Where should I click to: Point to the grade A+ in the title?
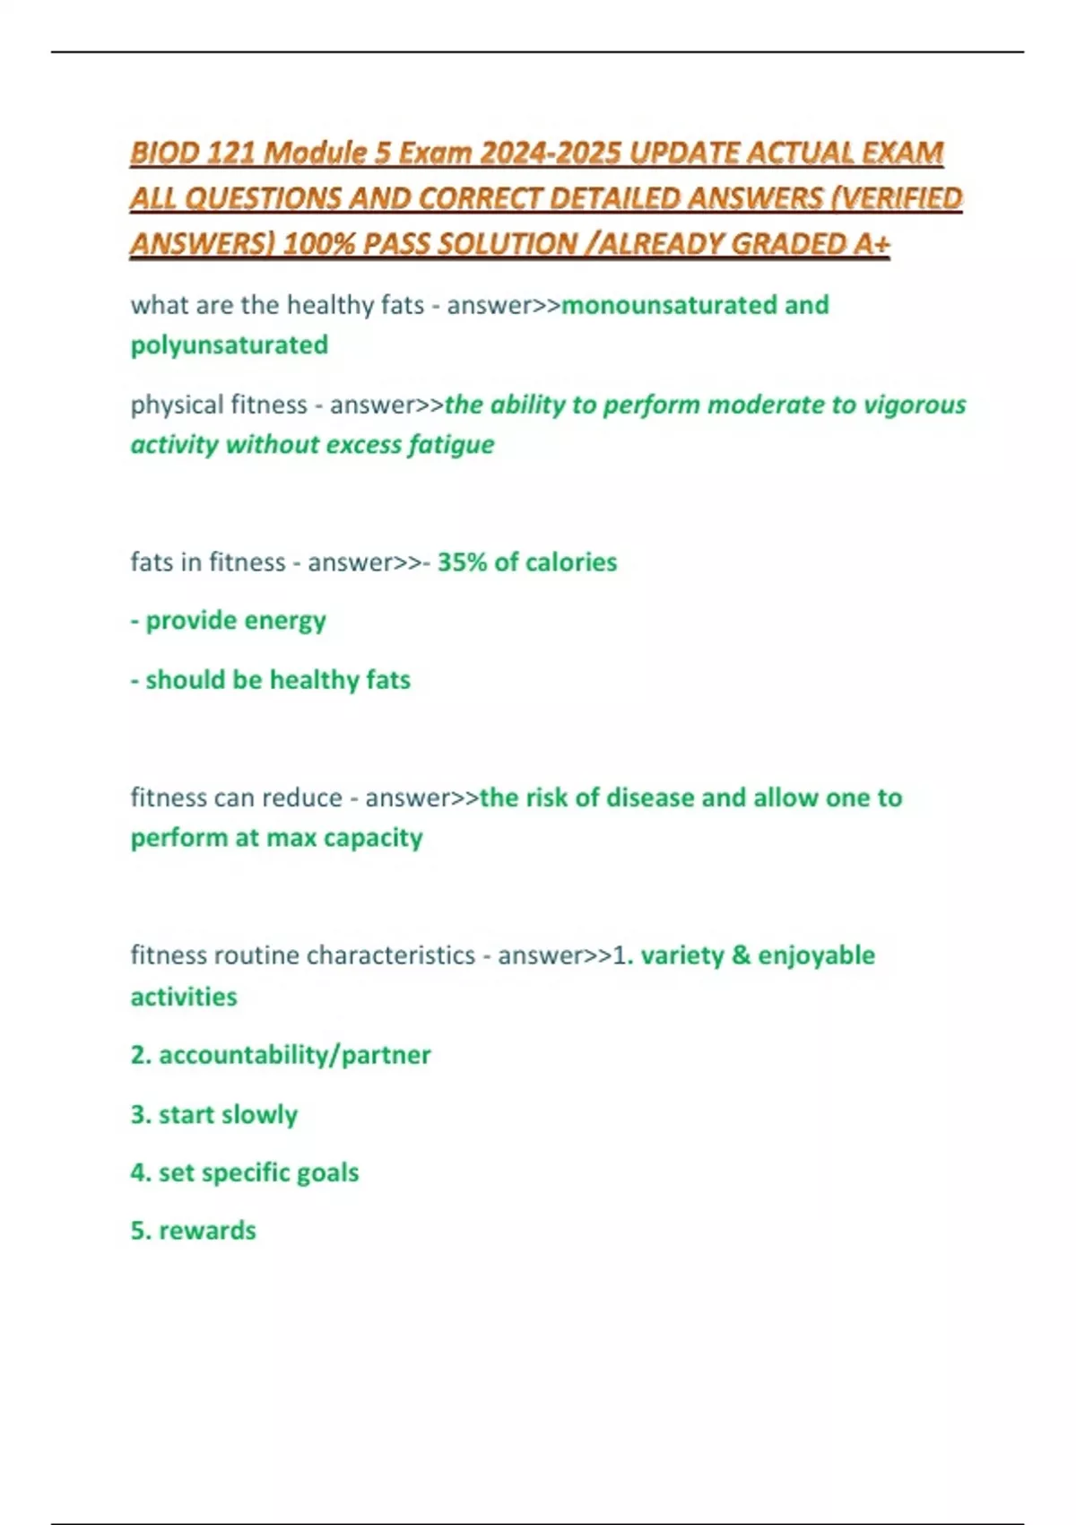point(872,244)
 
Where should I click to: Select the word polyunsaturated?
point(230,345)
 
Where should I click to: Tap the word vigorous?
point(915,405)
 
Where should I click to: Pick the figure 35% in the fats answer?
point(462,562)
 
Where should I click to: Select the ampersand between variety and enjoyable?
point(741,955)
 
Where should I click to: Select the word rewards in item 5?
point(207,1231)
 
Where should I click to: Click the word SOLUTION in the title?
point(507,244)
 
